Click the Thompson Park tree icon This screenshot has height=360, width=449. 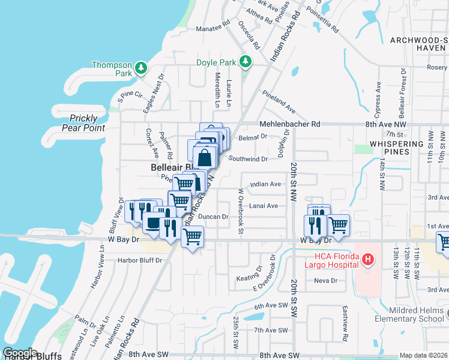pos(141,68)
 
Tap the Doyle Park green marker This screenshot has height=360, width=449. pos(245,62)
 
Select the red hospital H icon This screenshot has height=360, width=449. pos(369,259)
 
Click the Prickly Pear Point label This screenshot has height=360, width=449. pos(87,123)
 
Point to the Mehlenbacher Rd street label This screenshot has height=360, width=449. pos(290,124)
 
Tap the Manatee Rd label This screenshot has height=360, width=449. pos(213,28)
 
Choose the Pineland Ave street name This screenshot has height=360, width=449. pos(279,101)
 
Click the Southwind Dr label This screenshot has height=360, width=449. pos(247,159)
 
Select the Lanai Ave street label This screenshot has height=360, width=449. pos(264,206)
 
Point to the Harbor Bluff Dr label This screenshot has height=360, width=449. pos(140,260)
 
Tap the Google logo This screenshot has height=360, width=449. pos(19,353)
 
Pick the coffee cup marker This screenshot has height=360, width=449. pos(152,223)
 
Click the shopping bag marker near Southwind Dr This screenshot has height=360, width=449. pos(205,158)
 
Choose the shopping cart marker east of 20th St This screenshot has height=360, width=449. pos(339,225)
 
